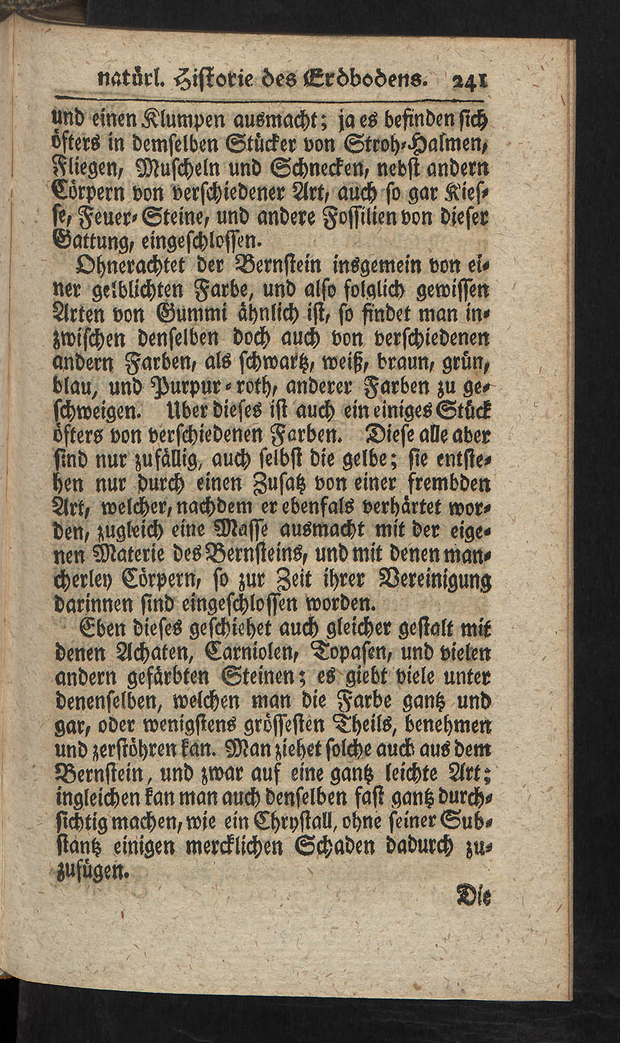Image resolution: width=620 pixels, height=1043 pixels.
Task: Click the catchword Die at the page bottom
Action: click(x=473, y=895)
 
